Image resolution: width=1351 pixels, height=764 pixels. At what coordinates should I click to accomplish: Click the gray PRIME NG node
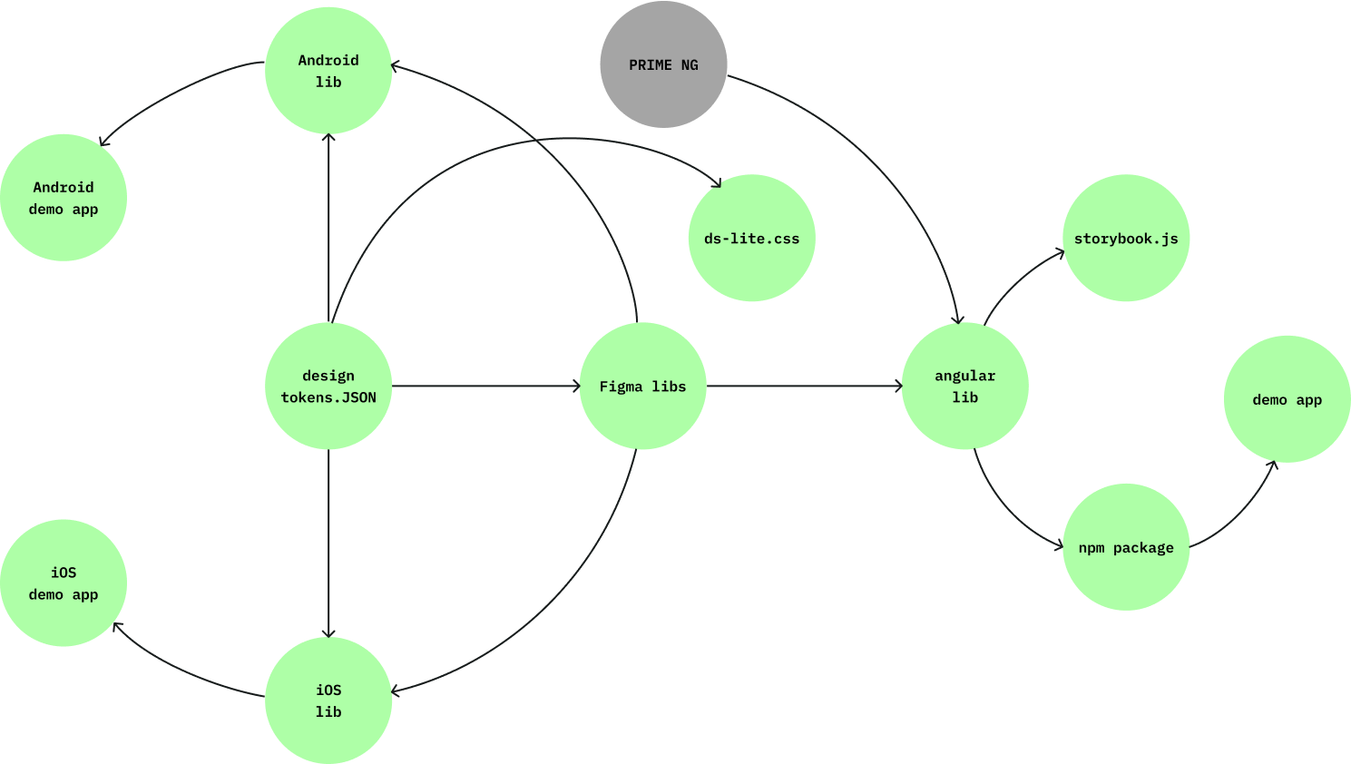click(x=663, y=64)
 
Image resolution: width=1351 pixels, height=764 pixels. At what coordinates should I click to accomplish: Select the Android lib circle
click(x=328, y=71)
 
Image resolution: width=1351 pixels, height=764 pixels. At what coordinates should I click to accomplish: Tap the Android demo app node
click(x=64, y=198)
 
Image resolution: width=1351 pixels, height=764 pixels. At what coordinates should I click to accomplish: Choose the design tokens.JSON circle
click(x=328, y=387)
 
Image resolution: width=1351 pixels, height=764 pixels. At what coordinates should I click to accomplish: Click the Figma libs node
click(x=643, y=387)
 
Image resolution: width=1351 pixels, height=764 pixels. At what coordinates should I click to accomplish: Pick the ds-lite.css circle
click(x=752, y=239)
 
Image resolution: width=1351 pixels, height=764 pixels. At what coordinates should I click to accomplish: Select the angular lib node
click(x=965, y=387)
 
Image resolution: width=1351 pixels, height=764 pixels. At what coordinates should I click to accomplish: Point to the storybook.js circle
click(x=1126, y=239)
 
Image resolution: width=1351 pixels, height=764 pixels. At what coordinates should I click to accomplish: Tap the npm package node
click(x=1126, y=547)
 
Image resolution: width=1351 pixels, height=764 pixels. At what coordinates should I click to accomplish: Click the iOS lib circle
click(x=328, y=700)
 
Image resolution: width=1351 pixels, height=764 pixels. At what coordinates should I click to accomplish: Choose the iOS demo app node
click(x=64, y=583)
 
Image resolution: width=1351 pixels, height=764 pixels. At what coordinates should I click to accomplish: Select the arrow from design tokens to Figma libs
click(x=485, y=387)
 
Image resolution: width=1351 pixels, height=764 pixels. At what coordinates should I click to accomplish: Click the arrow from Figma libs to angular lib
click(x=804, y=387)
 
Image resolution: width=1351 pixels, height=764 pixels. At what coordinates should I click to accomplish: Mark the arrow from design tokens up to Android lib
click(x=328, y=227)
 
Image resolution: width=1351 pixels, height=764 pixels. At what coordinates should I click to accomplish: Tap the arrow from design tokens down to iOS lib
click(x=328, y=544)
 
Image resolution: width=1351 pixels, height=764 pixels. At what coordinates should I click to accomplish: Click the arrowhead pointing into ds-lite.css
click(x=717, y=183)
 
